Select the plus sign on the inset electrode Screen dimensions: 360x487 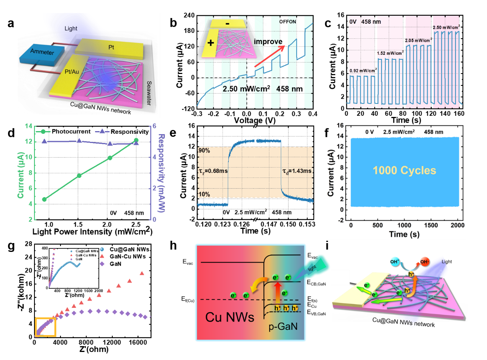tap(210, 42)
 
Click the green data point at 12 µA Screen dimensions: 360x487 tap(136, 140)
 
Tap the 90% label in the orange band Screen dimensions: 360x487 tap(204, 151)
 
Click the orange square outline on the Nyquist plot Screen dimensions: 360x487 tap(46, 327)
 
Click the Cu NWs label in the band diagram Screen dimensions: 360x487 tap(230, 317)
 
